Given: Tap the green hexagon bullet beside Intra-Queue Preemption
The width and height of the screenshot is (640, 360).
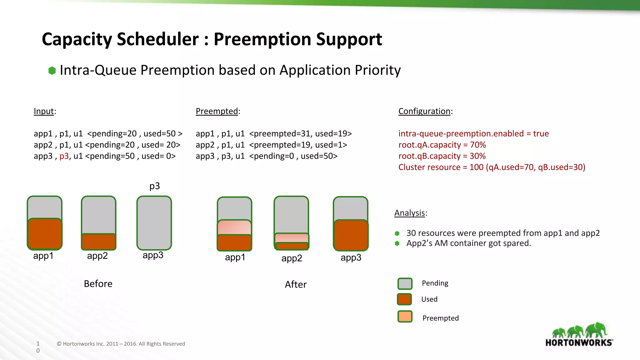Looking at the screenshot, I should coord(52,71).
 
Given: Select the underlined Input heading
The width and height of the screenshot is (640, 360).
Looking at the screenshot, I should coord(44,111).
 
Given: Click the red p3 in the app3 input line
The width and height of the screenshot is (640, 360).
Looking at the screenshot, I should coord(64,156).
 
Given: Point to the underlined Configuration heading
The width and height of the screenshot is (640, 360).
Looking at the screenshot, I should coord(424,111).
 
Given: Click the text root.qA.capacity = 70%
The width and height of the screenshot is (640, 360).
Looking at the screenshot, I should coord(442,145).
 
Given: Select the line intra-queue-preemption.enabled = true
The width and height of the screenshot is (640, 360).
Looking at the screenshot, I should coord(473,133).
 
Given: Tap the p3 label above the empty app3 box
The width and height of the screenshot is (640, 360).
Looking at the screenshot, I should coord(154,186).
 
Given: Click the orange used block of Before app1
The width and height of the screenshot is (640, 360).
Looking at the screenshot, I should coord(45,234).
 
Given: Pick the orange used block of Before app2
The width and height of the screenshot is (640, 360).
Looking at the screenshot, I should coord(98,242).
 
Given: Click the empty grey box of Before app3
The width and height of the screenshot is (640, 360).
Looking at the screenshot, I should coord(154,222).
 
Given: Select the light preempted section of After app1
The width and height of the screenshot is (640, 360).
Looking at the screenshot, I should coord(234,227).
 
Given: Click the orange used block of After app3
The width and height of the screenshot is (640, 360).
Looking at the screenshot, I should coord(351,235).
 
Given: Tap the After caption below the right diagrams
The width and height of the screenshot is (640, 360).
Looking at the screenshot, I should coord(295,284).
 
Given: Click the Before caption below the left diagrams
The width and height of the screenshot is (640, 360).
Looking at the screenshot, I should coord(98,284).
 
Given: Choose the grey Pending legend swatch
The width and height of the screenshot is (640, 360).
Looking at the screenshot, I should coord(405,284).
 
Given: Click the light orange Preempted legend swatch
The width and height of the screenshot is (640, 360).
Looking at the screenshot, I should coord(405,317).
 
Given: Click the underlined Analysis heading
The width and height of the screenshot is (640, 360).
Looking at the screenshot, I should coord(409,213).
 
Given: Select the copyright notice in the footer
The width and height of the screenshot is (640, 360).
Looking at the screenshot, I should coord(121,344).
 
